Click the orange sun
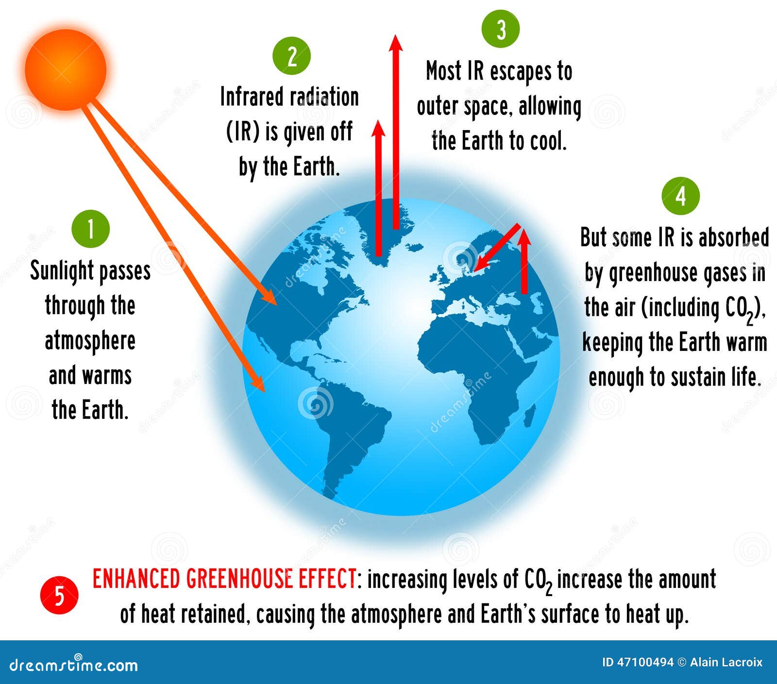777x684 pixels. pyautogui.click(x=66, y=69)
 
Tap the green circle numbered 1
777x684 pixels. pyautogui.click(x=90, y=229)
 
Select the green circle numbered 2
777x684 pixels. pyautogui.click(x=291, y=56)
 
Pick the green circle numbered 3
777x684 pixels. pyautogui.click(x=501, y=29)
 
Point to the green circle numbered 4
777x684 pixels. pyautogui.click(x=681, y=196)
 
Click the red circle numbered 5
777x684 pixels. pyautogui.click(x=59, y=595)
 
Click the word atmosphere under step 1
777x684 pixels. pyautogui.click(x=90, y=341)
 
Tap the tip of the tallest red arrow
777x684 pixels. pyautogui.click(x=396, y=35)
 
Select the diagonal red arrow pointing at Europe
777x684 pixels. pyautogui.click(x=497, y=247)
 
